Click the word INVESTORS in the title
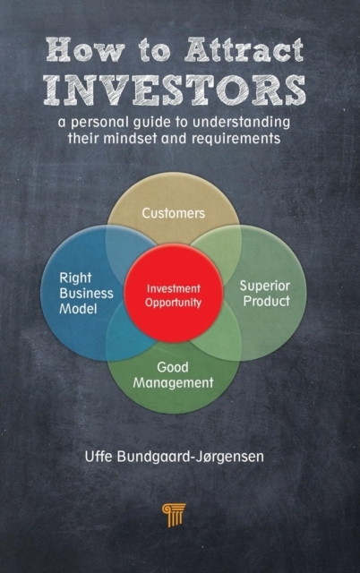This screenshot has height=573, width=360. pyautogui.click(x=175, y=90)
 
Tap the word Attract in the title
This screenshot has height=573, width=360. pyautogui.click(x=244, y=50)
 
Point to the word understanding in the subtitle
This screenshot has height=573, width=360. pyautogui.click(x=241, y=123)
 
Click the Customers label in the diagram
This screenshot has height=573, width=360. pyautogui.click(x=173, y=213)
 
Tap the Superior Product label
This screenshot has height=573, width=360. pyautogui.click(x=265, y=294)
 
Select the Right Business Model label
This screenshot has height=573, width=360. pyautogui.click(x=86, y=293)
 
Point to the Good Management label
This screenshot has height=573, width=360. pyautogui.click(x=173, y=375)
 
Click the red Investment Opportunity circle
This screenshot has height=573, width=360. pyautogui.click(x=174, y=293)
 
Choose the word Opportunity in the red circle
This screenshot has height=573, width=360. pyautogui.click(x=173, y=303)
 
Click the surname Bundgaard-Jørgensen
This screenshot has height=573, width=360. pyautogui.click(x=190, y=458)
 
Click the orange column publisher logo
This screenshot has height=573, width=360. pyautogui.click(x=174, y=515)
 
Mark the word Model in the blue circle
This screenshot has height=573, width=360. pyautogui.click(x=78, y=309)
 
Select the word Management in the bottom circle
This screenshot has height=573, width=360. pyautogui.click(x=173, y=383)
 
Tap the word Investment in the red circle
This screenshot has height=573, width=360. pyautogui.click(x=174, y=288)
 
